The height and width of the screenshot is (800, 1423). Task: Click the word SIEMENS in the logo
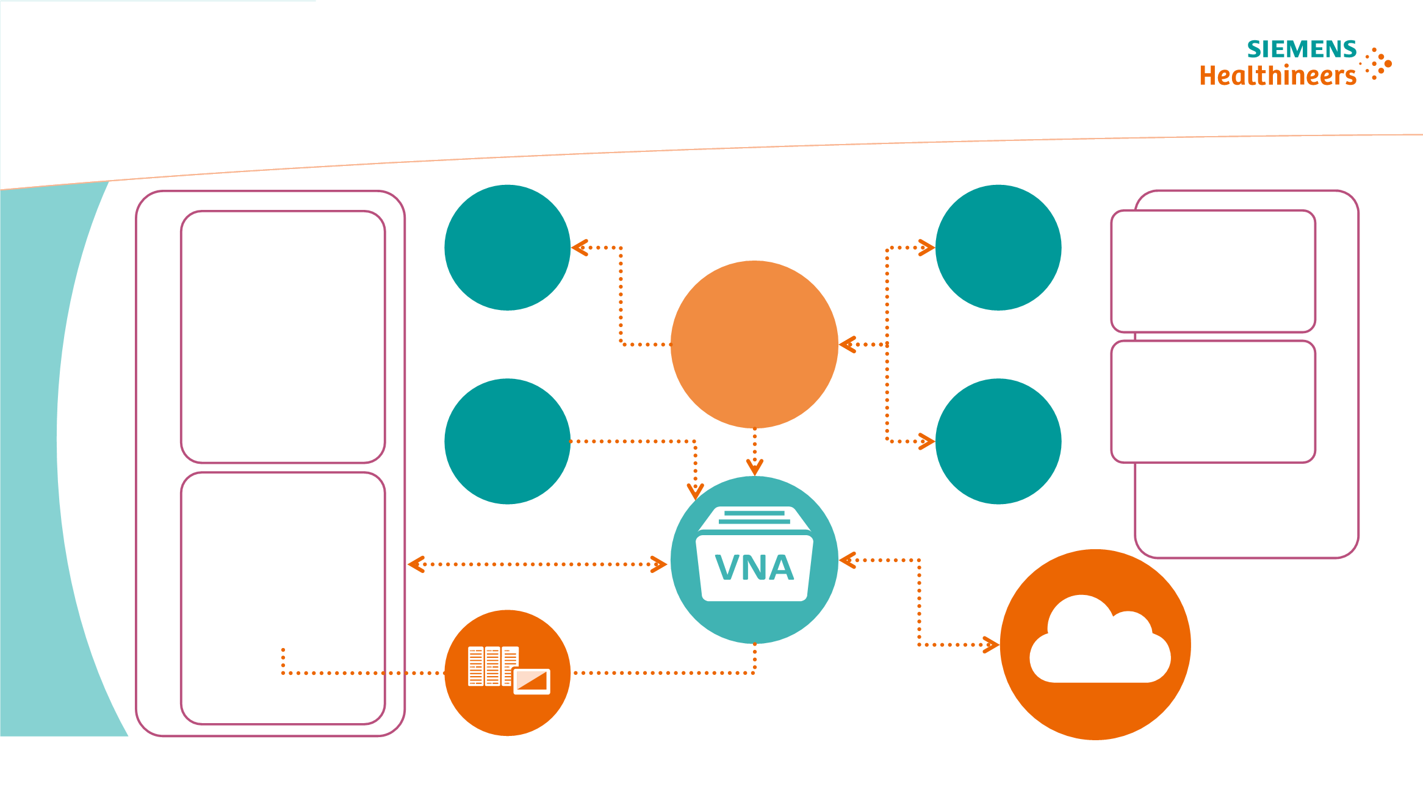click(1301, 49)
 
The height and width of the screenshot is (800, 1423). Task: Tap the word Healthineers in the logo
click(1278, 76)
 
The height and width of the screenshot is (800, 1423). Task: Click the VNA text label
click(754, 568)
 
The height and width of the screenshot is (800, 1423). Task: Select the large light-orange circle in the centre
click(754, 344)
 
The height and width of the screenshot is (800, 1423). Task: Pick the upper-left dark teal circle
click(507, 248)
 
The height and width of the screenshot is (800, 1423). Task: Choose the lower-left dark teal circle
click(507, 441)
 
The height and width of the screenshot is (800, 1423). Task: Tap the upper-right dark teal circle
click(998, 248)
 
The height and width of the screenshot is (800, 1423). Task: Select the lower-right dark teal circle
click(998, 441)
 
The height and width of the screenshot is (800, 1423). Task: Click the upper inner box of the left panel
click(283, 337)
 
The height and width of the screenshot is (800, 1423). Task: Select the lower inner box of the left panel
click(283, 598)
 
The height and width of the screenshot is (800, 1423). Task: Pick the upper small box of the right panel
click(1213, 271)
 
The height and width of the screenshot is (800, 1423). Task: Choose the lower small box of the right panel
click(1213, 402)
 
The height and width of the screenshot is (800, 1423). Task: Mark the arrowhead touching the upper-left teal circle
click(579, 248)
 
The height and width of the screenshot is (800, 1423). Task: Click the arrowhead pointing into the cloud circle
click(991, 644)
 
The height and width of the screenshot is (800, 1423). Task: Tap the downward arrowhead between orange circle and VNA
click(755, 467)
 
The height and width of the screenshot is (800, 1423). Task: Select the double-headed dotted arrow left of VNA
click(537, 564)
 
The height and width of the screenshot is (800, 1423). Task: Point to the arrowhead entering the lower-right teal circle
click(927, 441)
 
